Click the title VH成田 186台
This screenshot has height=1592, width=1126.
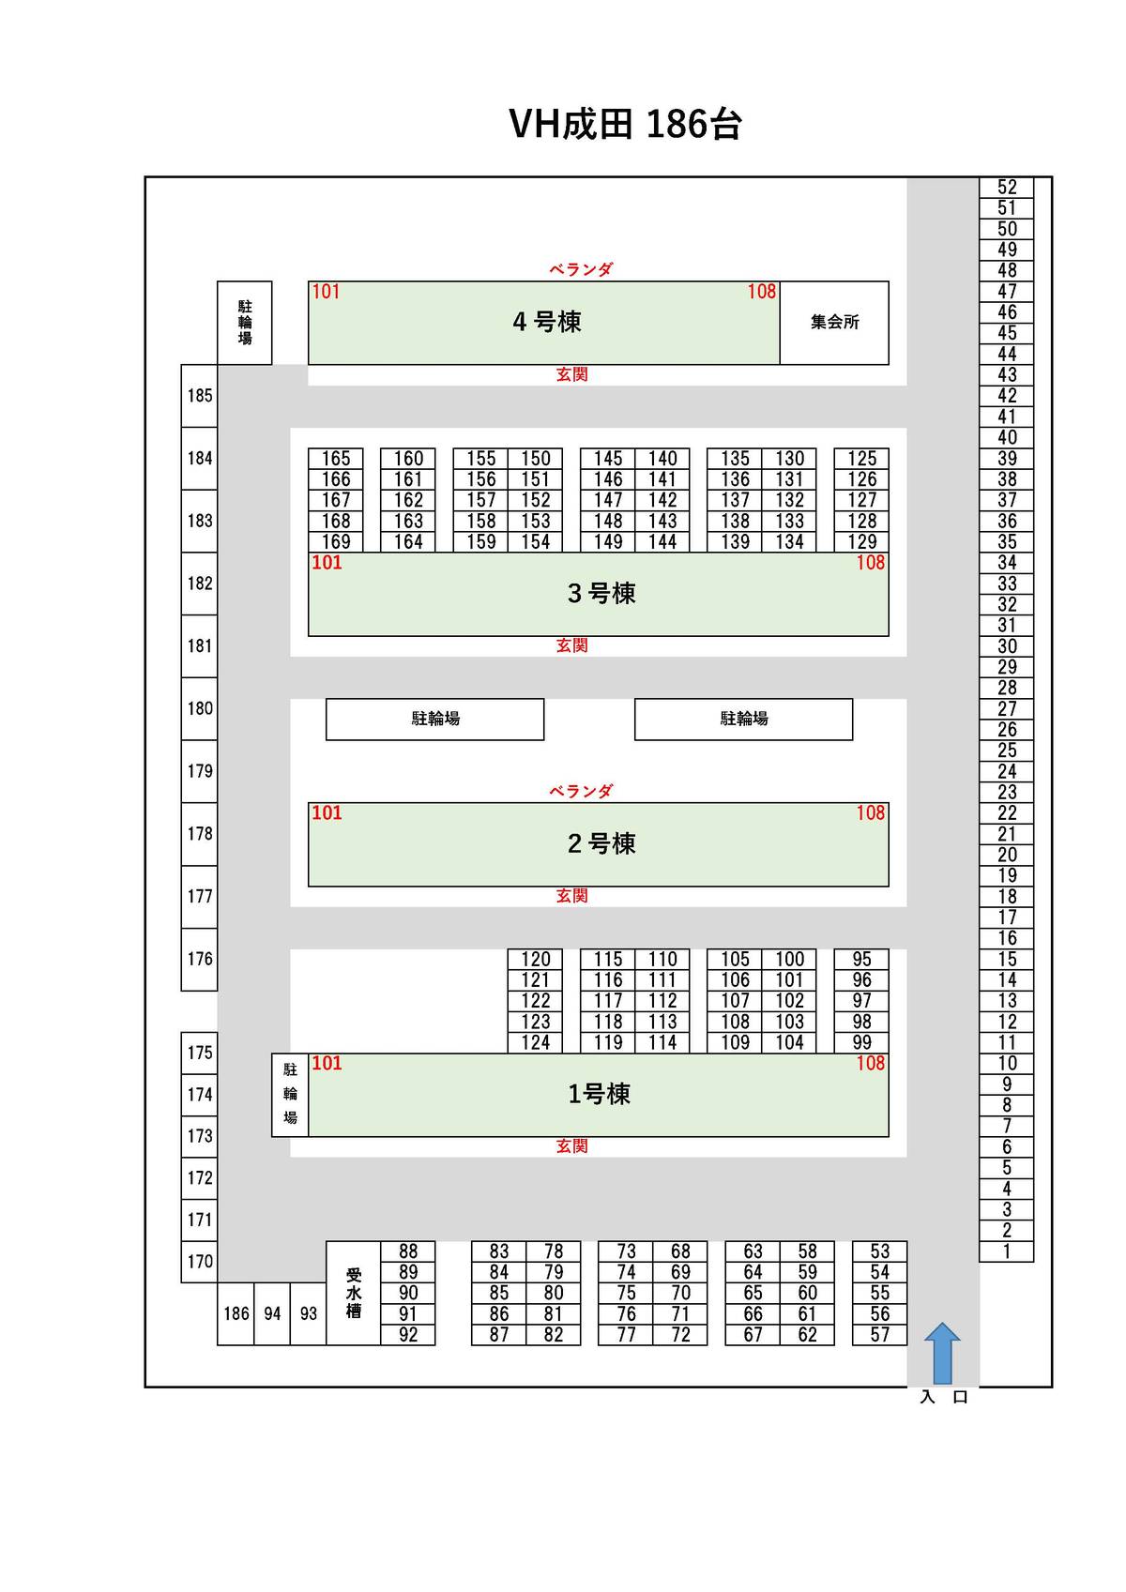625,124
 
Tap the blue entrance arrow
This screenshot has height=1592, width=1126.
942,1353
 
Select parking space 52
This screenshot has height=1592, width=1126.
1007,187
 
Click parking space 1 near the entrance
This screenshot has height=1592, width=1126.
1007,1251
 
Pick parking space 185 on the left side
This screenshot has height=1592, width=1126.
200,396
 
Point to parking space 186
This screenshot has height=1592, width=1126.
236,1313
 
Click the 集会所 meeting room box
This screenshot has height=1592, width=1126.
834,322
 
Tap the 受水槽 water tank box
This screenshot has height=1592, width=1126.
354,1293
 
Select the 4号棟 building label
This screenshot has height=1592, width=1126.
547,322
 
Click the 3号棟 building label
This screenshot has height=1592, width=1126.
601,593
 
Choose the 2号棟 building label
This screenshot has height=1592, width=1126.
601,843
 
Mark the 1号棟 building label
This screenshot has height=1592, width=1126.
599,1094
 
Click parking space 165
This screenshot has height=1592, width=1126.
336,459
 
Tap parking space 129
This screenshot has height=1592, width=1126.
861,541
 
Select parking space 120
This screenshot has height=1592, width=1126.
536,959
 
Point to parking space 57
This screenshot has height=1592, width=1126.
879,1334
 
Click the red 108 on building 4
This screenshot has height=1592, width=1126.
761,292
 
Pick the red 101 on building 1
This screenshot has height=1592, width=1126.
327,1063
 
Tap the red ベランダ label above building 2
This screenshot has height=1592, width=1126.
581,791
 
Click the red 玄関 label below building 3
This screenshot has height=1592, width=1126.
571,645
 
